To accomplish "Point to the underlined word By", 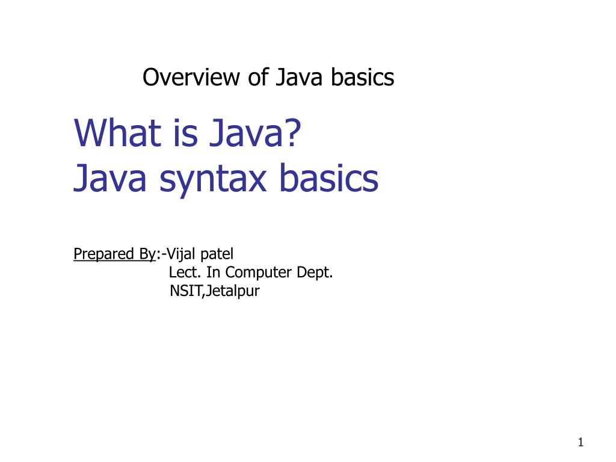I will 147,254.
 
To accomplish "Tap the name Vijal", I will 183,254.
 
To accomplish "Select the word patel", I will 220,254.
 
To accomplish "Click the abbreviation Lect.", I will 185,273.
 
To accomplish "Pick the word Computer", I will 260,273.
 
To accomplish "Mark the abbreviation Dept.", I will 316,273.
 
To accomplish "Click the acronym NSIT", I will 186,292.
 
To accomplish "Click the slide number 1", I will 581,443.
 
